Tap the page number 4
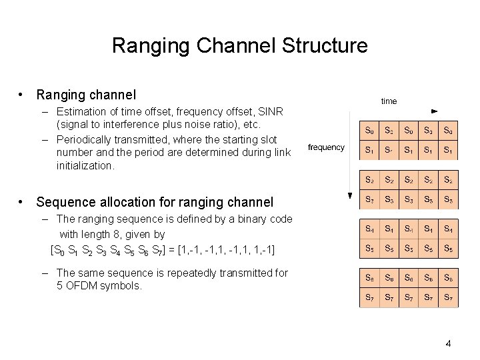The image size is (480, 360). click(448, 343)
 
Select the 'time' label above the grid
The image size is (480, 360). click(389, 101)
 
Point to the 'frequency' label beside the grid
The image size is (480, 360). click(326, 147)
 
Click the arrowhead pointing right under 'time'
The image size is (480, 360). click(434, 110)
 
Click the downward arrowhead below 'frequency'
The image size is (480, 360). click(348, 195)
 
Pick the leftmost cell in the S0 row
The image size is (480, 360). click(369, 131)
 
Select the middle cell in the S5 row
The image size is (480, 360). click(409, 249)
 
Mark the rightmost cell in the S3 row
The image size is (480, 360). click(449, 199)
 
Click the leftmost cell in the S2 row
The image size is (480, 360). click(369, 180)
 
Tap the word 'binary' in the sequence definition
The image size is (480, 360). click(247, 219)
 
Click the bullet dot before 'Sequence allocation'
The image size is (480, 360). click(22, 202)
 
